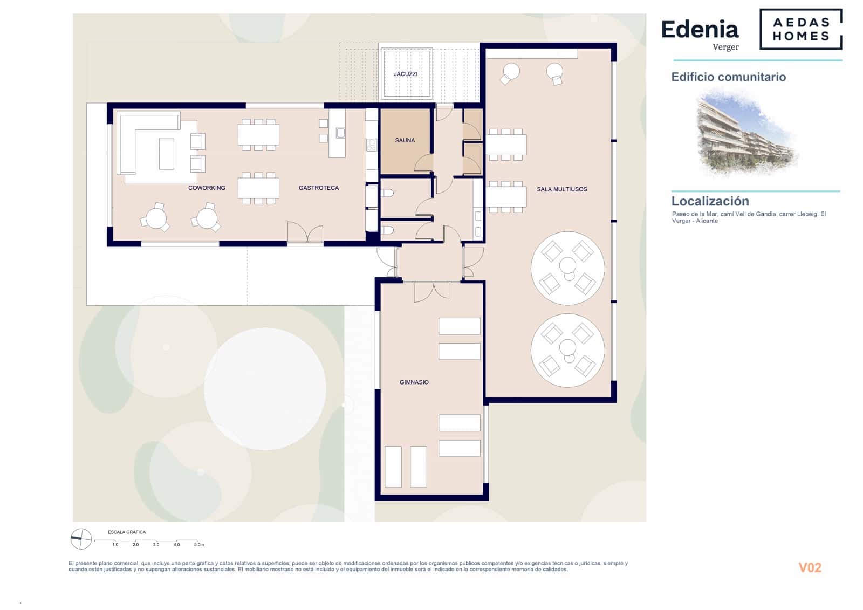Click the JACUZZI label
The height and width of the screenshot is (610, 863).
click(x=405, y=74)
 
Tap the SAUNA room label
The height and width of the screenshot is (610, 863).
click(x=405, y=140)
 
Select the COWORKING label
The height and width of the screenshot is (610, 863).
click(x=207, y=188)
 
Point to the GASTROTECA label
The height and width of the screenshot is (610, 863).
click(x=319, y=188)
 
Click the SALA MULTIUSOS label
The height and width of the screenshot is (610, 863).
click(x=561, y=189)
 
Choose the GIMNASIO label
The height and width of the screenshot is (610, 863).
click(x=414, y=382)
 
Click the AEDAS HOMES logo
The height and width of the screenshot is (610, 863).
click(x=801, y=29)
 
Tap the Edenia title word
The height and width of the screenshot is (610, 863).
click(x=700, y=30)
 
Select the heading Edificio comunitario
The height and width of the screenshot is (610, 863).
click(x=728, y=77)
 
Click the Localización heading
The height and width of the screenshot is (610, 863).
click(x=710, y=201)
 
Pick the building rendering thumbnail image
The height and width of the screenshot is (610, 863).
click(x=747, y=133)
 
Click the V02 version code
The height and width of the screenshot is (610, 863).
click(x=810, y=567)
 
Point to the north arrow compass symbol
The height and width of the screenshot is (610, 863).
click(x=81, y=538)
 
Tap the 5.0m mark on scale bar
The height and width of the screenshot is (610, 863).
click(x=198, y=545)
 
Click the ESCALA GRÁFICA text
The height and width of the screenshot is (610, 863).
click(x=127, y=532)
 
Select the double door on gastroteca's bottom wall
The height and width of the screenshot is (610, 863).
click(x=305, y=233)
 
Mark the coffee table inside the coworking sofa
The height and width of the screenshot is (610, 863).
click(x=166, y=154)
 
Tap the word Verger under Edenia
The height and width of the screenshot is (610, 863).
click(x=725, y=47)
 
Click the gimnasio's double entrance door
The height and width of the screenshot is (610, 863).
click(x=432, y=291)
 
